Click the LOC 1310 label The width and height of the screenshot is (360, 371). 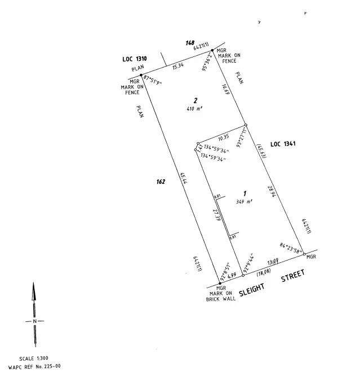(x=135, y=59)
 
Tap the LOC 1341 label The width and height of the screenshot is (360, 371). (x=283, y=144)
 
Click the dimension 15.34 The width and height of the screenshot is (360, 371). (x=177, y=67)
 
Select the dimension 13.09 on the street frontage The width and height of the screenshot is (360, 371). (x=273, y=262)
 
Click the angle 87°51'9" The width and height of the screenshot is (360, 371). (x=153, y=80)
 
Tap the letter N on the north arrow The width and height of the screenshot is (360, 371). (x=35, y=321)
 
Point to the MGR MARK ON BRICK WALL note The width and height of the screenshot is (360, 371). (x=221, y=294)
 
